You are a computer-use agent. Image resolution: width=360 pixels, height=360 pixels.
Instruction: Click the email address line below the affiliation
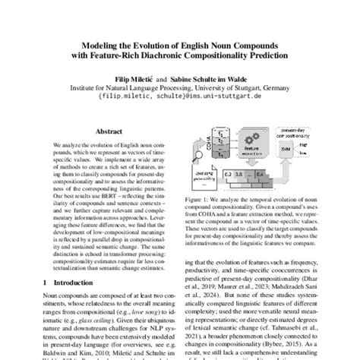[179, 97]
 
